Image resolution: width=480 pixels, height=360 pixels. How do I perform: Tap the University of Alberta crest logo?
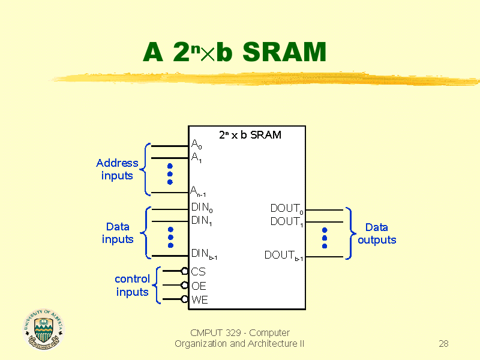tap(43, 329)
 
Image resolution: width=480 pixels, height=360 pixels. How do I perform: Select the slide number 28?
tap(443, 344)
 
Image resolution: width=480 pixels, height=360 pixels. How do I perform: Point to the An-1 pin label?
tap(199, 191)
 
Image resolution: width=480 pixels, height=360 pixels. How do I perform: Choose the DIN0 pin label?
tap(202, 208)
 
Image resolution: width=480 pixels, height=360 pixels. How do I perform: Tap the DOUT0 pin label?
tap(287, 209)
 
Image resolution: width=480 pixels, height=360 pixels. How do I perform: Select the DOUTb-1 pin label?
tap(284, 256)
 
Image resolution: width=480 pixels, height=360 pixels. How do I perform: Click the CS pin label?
tap(198, 272)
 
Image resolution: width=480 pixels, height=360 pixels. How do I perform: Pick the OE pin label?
tap(199, 286)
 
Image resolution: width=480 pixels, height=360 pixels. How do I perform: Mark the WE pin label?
tap(200, 300)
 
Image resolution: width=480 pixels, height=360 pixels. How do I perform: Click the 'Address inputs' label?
tap(117, 169)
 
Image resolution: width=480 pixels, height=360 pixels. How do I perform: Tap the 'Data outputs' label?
tap(377, 233)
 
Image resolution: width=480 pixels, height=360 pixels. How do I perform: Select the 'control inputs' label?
tap(132, 286)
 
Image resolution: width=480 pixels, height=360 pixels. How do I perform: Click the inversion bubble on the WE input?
tap(185, 299)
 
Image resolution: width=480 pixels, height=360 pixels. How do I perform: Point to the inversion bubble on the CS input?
tap(185, 271)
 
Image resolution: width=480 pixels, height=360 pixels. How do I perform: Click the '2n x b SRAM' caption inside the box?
tap(250, 135)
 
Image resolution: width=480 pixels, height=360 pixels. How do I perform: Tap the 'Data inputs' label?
tap(118, 233)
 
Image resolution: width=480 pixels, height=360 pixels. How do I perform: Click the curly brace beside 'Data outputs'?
tap(350, 233)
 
